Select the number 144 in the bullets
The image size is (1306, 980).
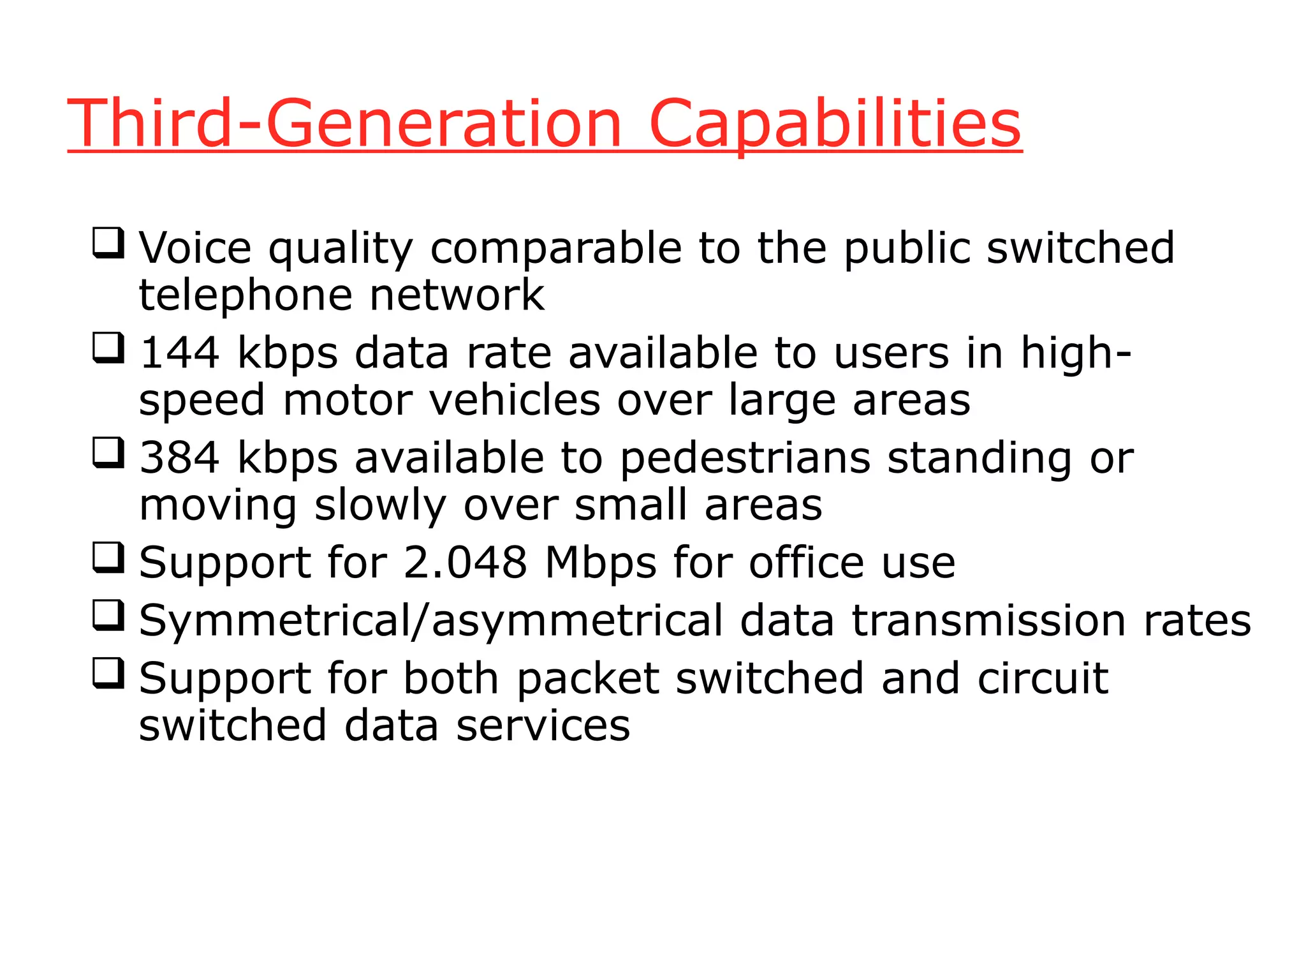click(x=179, y=353)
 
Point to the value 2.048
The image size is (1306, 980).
click(x=465, y=563)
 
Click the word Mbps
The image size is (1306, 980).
click(x=600, y=563)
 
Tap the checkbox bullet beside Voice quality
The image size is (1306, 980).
click(x=108, y=243)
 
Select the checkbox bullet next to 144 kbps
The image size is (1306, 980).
click(x=108, y=348)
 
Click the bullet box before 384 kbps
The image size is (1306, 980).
click(x=108, y=453)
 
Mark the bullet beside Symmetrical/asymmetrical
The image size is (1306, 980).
click(x=108, y=615)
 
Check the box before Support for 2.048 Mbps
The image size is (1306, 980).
click(x=108, y=558)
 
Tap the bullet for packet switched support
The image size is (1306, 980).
click(x=108, y=673)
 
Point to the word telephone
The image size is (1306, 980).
click(x=246, y=296)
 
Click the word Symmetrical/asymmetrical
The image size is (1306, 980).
click(x=431, y=621)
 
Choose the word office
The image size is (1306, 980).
click(x=807, y=563)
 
